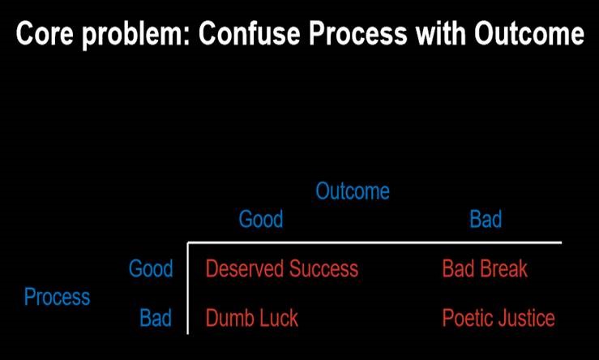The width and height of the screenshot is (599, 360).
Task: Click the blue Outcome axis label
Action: point(352,191)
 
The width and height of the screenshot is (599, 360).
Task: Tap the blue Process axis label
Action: point(57,297)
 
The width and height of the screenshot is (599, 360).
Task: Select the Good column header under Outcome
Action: point(260,219)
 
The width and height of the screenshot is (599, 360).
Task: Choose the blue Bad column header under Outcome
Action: point(486,219)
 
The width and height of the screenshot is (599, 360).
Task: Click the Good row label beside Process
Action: point(151,268)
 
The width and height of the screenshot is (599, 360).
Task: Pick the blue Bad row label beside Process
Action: point(156,318)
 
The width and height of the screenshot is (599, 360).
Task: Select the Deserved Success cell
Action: point(281,268)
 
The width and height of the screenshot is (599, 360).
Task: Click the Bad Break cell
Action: point(485,268)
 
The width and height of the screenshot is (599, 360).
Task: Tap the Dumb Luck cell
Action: point(252,318)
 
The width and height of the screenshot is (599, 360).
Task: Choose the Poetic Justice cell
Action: point(498,318)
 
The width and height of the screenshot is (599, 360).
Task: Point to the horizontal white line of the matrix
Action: point(373,242)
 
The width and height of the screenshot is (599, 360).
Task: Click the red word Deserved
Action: point(242,268)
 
